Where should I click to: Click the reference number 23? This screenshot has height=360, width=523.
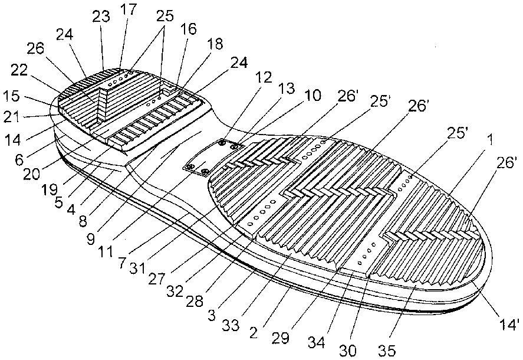101,17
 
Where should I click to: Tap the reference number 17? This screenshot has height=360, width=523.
129,9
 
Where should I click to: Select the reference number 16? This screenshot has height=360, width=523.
189,29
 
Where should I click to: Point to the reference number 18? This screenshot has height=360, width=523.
215,44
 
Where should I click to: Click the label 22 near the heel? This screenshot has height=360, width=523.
19,70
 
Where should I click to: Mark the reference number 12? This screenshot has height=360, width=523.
264,77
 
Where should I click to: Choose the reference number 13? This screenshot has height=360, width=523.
287,89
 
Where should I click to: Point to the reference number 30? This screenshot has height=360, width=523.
348,351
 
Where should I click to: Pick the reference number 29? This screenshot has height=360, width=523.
281,338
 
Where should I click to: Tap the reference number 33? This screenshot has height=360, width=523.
231,324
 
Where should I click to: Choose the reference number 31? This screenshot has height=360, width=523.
137,268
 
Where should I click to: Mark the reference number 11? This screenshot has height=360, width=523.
105,251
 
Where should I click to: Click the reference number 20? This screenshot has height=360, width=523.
31,174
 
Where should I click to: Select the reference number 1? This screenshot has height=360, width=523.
489,140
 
